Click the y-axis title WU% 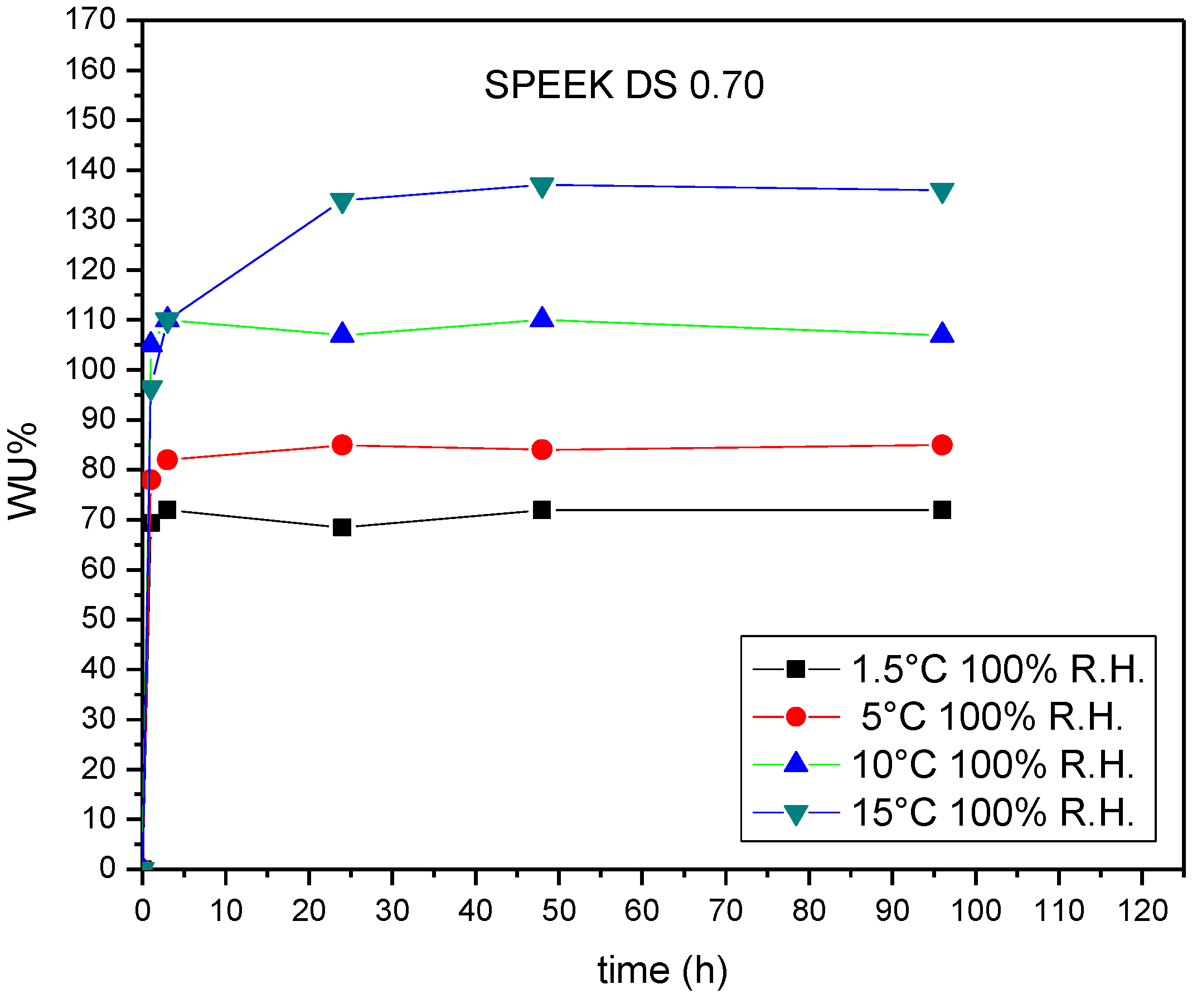pos(23,471)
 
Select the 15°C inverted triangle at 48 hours pos(541,186)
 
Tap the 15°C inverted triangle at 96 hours pos(942,192)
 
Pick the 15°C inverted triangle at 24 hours pos(342,202)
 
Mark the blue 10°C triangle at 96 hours pos(942,333)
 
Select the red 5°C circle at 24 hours pos(342,444)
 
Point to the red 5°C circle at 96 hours pos(942,444)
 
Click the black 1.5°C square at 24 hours pos(342,527)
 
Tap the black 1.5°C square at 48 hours pos(541,510)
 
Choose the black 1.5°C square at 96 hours pos(942,510)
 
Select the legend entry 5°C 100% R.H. pos(992,716)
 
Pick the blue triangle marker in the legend pos(796,763)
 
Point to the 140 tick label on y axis pos(91,169)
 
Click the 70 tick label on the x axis pos(725,910)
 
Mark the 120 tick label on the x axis pos(1142,910)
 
